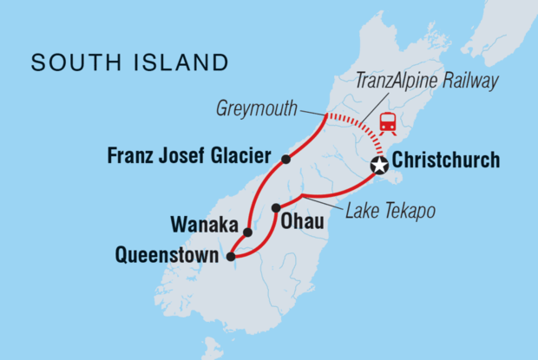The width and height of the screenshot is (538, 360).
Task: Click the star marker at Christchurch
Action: pyautogui.click(x=378, y=166)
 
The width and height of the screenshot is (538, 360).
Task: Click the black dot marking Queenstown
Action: pyautogui.click(x=230, y=256)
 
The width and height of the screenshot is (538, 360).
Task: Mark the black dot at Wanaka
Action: pyautogui.click(x=247, y=232)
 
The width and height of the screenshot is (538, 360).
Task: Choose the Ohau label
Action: pyautogui.click(x=303, y=223)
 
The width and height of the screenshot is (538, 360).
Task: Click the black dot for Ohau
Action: pyautogui.click(x=276, y=207)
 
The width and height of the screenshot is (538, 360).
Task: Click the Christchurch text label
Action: pyautogui.click(x=445, y=160)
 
